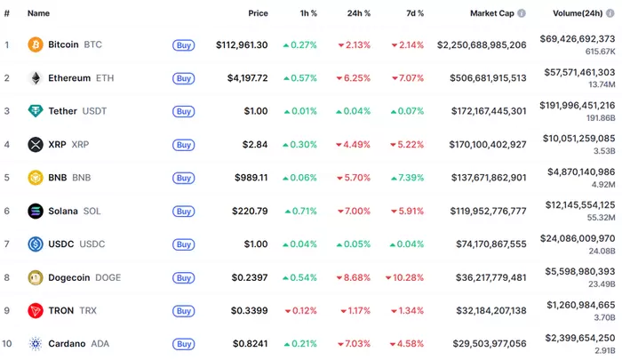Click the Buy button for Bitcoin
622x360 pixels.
183,44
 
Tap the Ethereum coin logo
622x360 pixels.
36,77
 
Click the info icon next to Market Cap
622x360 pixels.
522,13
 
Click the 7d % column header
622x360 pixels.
415,13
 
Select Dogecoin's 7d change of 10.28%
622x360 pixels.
404,277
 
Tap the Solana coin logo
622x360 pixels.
36,211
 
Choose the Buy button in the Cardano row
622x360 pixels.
183,344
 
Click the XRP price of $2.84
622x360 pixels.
256,144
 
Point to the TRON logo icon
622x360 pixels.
36,310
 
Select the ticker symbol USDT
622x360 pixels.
94,111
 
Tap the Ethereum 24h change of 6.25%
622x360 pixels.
353,77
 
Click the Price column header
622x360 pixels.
258,13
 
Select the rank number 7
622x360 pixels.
7,244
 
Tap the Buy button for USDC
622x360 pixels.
183,244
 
